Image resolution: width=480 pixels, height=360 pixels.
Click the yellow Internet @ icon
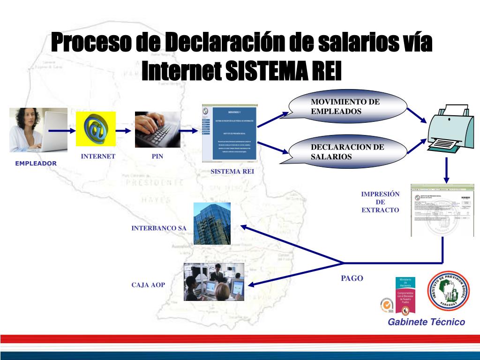click(96, 128)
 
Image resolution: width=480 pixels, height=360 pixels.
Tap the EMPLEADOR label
click(36, 164)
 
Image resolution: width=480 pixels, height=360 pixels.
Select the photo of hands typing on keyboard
click(157, 129)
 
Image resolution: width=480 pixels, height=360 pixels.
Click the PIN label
click(157, 157)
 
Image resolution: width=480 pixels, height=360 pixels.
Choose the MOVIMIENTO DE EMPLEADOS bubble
click(347, 107)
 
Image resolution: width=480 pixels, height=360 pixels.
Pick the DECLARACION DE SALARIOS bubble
click(347, 151)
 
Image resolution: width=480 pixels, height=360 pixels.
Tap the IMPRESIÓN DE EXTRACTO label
click(380, 202)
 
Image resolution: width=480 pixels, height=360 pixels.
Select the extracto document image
click(442, 210)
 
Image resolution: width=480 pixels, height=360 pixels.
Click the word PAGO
click(352, 278)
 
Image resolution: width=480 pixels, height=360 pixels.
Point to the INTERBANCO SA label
click(159, 228)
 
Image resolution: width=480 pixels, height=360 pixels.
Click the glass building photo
click(212, 224)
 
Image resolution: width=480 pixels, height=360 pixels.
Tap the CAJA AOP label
click(148, 285)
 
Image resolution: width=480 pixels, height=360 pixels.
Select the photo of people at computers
click(214, 282)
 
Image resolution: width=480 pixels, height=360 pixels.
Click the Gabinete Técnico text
click(426, 322)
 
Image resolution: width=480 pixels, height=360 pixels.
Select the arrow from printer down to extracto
click(446, 172)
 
